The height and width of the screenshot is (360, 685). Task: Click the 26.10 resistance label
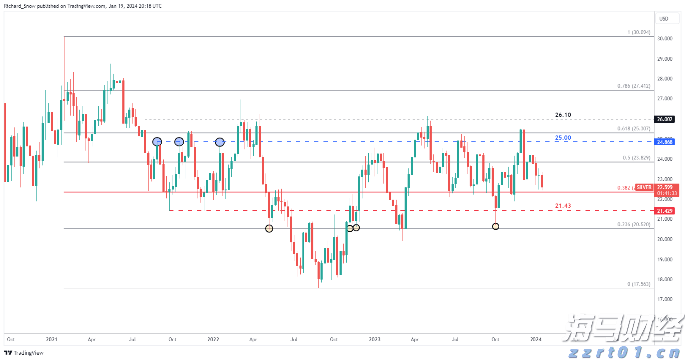563,115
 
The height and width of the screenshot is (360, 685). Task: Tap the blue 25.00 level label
563,137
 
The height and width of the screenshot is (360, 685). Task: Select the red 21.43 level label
563,205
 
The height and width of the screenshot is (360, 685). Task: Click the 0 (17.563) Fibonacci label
638,284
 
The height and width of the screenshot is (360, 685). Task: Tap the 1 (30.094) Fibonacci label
638,32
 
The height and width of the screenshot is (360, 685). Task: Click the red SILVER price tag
643,187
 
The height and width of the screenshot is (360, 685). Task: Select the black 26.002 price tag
664,119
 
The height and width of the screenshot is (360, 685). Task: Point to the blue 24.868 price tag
664,142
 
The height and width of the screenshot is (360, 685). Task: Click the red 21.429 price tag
664,211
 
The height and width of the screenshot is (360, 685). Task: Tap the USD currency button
664,19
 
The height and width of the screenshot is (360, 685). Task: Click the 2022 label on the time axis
213,340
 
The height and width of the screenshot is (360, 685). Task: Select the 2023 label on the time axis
374,340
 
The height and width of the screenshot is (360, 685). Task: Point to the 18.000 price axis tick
664,280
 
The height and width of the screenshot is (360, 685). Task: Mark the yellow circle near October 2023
495,226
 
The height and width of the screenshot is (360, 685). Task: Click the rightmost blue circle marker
220,142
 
